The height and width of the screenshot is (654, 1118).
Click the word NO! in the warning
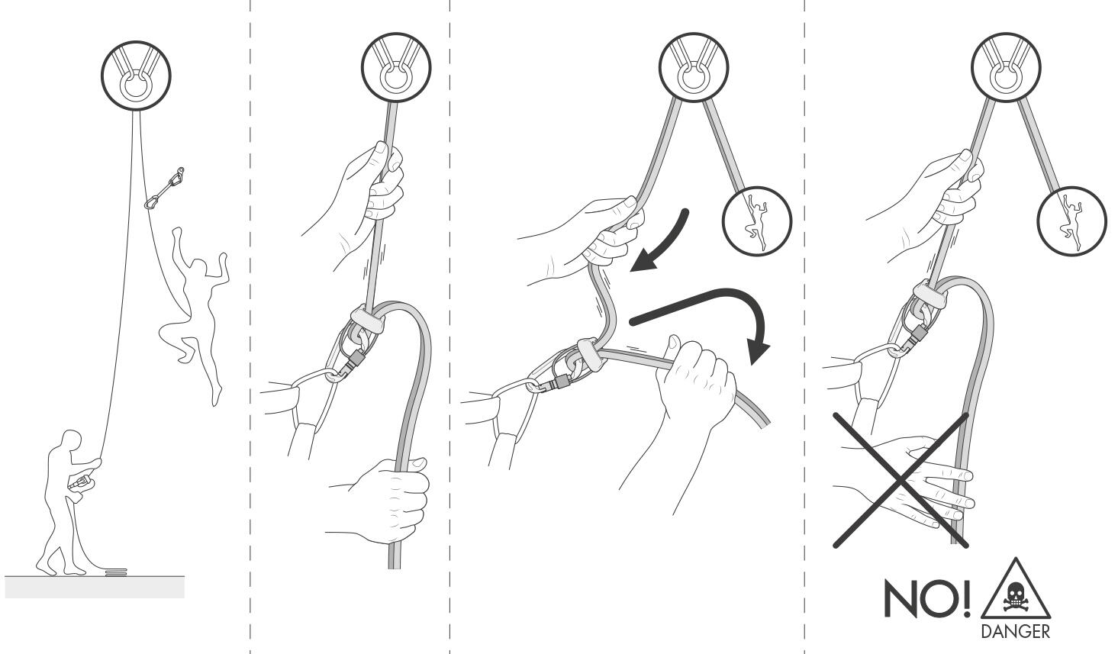point(927,598)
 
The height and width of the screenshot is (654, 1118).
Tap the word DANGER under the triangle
point(1015,632)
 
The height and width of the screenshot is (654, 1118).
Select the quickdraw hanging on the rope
point(164,188)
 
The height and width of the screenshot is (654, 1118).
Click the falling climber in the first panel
point(195,310)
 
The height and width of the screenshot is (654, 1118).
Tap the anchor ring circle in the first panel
point(136,76)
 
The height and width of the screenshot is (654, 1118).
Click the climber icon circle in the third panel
point(757,221)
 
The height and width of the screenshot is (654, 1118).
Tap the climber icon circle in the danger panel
point(1071,221)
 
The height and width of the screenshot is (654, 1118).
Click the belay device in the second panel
point(357,340)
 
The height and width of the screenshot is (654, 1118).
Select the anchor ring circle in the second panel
point(396,67)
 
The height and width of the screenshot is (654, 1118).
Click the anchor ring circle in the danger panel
point(1006,67)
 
